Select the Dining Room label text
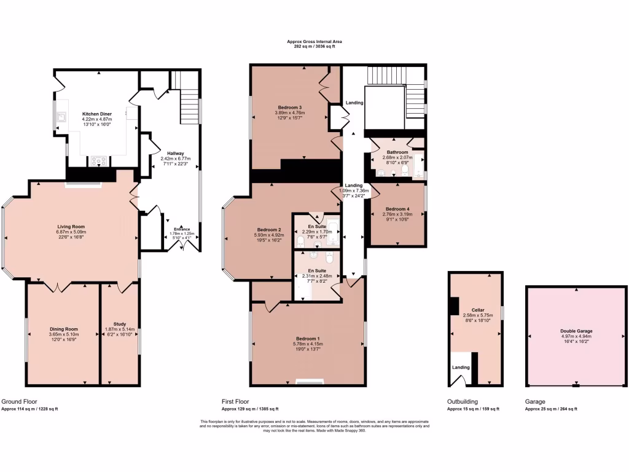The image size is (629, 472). pos(64,329)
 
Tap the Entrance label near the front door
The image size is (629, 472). pos(182,229)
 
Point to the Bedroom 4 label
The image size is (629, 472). pos(397,209)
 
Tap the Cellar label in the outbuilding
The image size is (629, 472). pos(479,310)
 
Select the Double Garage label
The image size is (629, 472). pos(576,331)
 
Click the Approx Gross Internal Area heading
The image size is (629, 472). pos(314,42)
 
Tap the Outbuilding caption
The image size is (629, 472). pos(461,401)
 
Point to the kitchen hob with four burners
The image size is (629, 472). pos(98,161)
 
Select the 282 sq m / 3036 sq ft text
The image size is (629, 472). pos(314,47)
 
